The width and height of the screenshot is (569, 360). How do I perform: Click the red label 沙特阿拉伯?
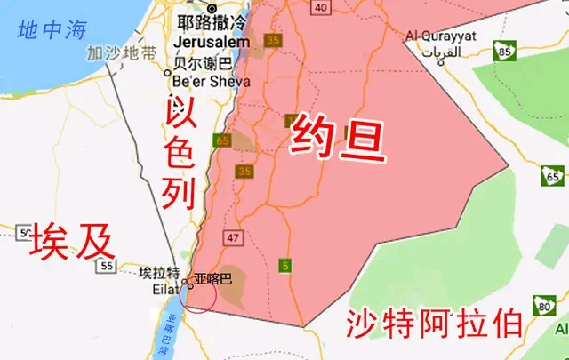click(x=434, y=322)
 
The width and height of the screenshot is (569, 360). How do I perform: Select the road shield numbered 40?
click(x=321, y=8)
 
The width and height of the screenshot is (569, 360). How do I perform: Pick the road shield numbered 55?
click(x=106, y=265)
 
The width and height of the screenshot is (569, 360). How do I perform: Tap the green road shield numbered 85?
click(x=505, y=52)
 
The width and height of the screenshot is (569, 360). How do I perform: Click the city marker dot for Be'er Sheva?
click(x=168, y=73)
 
